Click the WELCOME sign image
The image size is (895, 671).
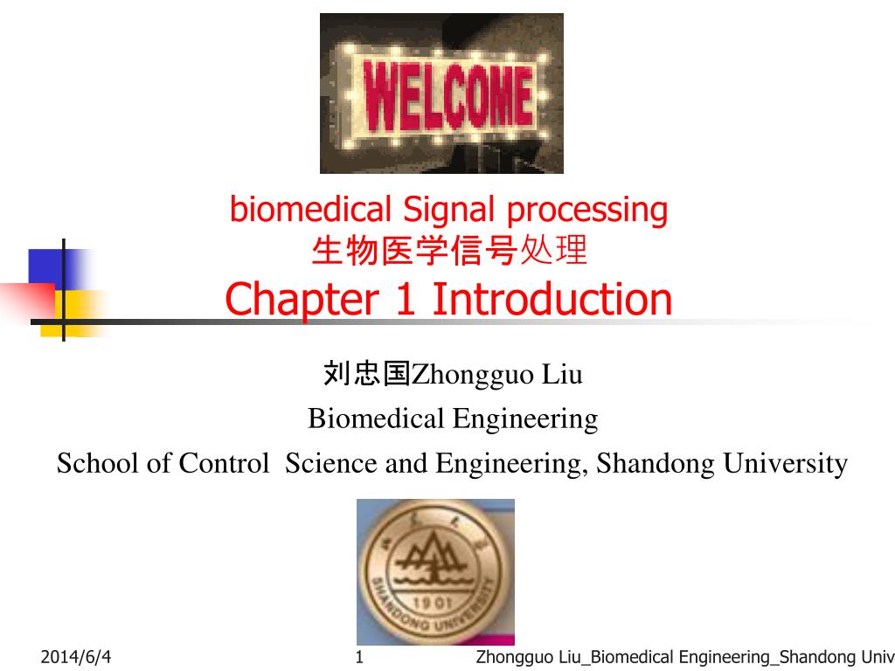point(441,93)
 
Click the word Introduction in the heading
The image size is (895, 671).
point(552,300)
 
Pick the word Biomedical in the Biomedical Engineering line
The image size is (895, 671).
point(377,419)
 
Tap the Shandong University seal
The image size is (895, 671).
point(435,571)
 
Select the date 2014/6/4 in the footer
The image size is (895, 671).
point(76,657)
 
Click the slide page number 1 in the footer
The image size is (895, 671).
point(359,657)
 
